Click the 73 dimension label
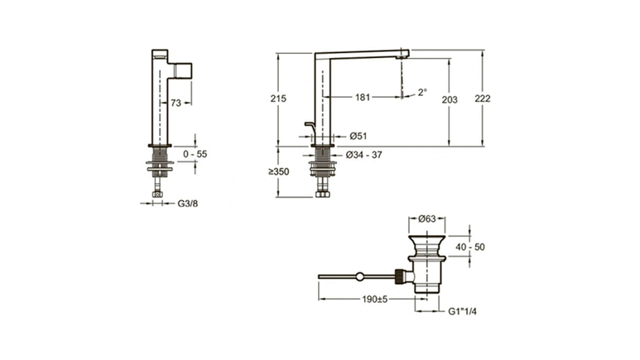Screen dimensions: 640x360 point(176,103)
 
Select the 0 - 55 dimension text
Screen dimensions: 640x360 point(195,154)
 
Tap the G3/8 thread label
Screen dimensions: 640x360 point(188,204)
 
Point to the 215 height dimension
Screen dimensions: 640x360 point(278,98)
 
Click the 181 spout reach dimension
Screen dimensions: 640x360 point(363,97)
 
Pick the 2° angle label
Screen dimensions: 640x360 point(422,92)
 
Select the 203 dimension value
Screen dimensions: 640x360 point(450,99)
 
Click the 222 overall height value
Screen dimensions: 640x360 point(483,98)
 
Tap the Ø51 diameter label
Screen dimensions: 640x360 point(358,136)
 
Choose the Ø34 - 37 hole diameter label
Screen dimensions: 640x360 point(364,155)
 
